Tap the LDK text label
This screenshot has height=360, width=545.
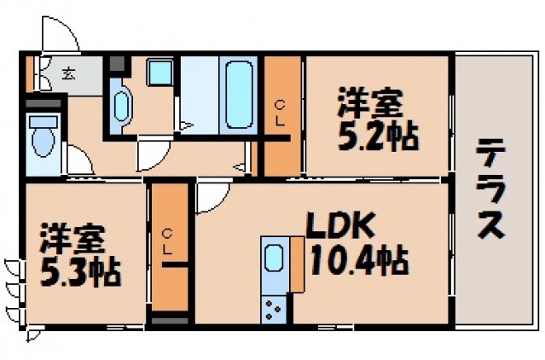339,225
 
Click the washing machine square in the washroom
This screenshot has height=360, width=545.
159,73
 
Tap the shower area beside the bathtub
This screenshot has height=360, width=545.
199,94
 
